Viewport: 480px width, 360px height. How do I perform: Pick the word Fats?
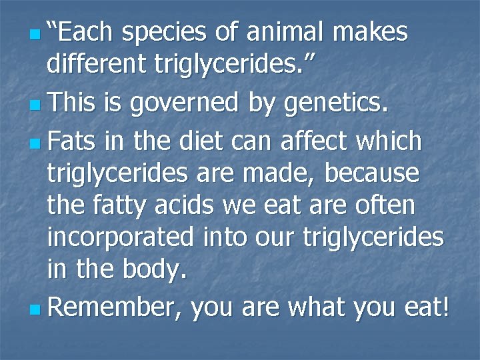[73, 141]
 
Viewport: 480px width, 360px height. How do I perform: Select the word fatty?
[125, 206]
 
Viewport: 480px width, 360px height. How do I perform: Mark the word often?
[386, 206]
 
